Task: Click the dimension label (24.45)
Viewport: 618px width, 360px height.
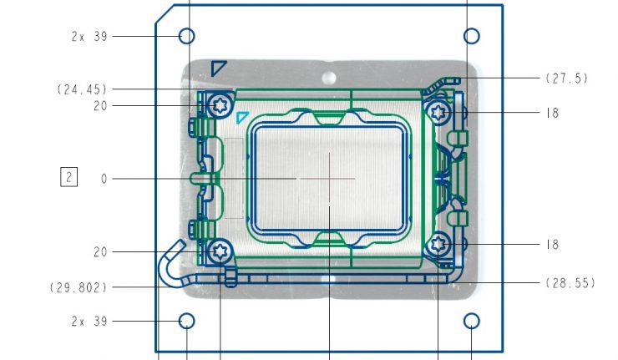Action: click(82, 89)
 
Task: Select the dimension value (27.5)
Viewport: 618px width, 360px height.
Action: click(567, 79)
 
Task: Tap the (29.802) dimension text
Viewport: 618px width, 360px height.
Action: click(79, 287)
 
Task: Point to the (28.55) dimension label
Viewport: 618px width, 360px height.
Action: click(570, 283)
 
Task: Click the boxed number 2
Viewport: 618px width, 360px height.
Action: click(68, 177)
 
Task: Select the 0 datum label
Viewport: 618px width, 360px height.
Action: click(104, 179)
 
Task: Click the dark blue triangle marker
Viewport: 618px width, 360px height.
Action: click(219, 67)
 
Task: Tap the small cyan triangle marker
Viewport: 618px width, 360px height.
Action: click(242, 117)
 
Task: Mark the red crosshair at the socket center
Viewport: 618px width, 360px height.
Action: click(330, 178)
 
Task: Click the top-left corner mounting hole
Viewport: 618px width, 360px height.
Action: click(187, 36)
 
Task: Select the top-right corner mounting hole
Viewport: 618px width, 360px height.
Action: click(472, 36)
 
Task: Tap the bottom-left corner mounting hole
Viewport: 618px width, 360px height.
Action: click(187, 321)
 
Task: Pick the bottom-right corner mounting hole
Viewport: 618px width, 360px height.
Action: click(472, 321)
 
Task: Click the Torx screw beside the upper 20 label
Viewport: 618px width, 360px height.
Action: click(221, 106)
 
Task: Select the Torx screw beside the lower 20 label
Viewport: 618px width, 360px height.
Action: click(221, 250)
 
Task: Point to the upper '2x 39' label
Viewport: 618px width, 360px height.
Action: click(89, 37)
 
